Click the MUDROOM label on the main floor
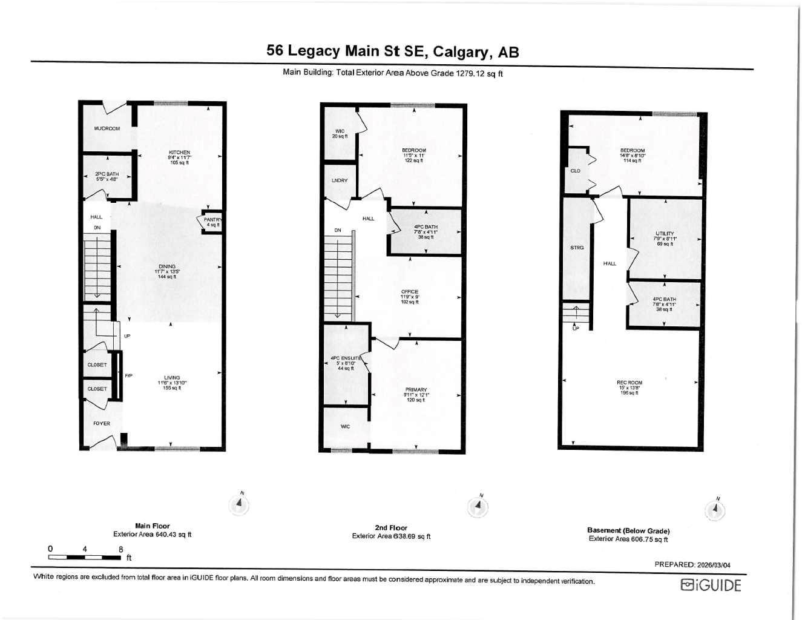[107, 128]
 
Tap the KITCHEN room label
[179, 153]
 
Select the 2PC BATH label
[107, 174]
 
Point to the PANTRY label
[212, 220]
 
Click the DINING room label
[167, 266]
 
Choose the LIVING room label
[172, 378]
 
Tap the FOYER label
[102, 423]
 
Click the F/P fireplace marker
[128, 376]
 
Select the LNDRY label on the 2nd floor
[340, 180]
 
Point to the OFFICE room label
[410, 292]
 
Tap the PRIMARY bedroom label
[416, 390]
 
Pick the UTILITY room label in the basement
[664, 234]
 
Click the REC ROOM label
[629, 383]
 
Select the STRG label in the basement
[577, 248]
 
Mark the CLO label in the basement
[575, 171]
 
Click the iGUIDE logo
[711, 585]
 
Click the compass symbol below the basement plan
[715, 510]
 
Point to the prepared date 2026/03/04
[692, 565]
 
